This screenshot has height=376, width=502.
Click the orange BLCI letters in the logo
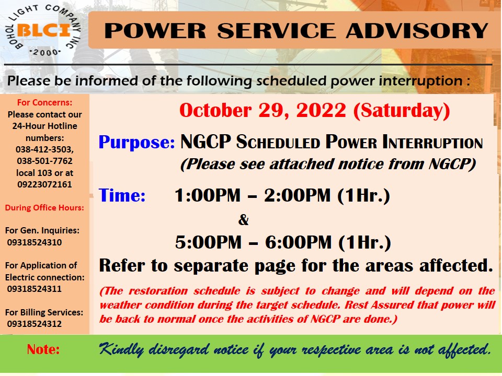tap(43, 30)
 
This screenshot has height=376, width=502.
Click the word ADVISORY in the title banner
tap(417, 31)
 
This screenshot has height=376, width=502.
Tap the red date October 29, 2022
tap(263, 110)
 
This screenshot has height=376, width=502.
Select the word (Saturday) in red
tap(402, 111)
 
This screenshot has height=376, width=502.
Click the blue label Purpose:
tap(136, 142)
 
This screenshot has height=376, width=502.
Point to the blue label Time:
tap(122, 195)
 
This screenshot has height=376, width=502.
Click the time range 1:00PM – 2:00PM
tap(253, 195)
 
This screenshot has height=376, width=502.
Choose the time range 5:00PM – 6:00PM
tap(254, 242)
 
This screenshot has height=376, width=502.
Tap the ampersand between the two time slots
tap(243, 220)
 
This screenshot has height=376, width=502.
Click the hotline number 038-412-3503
tap(44, 149)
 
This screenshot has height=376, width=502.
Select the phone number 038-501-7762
tap(45, 161)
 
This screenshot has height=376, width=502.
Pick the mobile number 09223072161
tap(44, 184)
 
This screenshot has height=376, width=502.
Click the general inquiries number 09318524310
tap(35, 242)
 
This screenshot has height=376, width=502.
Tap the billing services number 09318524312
tap(35, 324)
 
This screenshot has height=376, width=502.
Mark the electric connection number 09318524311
tap(35, 289)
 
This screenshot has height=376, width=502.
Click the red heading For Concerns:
tap(44, 103)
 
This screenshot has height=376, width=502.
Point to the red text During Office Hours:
tap(44, 208)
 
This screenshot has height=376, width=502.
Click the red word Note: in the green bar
tap(43, 349)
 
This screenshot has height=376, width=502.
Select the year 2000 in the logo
tap(44, 52)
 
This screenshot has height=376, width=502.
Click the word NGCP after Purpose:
tap(206, 142)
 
